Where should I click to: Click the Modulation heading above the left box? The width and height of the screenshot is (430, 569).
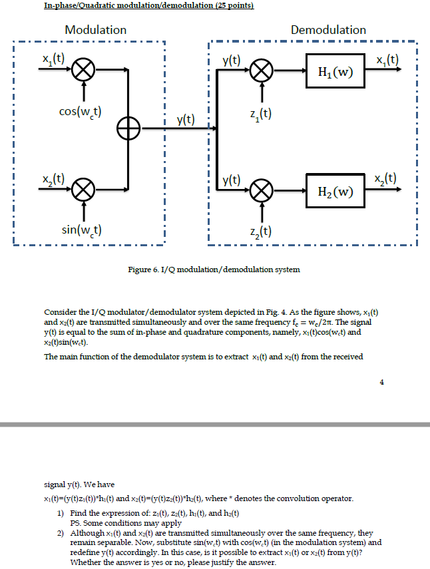pos(95,30)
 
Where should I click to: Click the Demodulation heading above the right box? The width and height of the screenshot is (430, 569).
pos(328,30)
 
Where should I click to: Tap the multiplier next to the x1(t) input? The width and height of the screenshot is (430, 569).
pos(85,69)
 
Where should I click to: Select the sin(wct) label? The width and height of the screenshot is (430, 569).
pos(81,230)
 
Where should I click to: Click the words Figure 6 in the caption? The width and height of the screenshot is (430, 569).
pos(142,270)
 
